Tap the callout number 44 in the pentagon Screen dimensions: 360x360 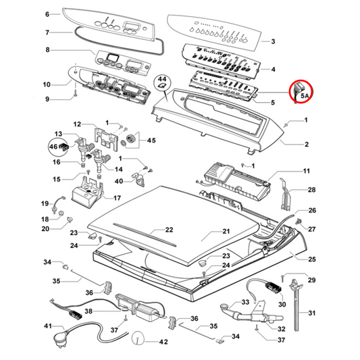click(161, 80)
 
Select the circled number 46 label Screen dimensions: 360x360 click(53, 146)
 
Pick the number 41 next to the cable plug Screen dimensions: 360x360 click(47, 326)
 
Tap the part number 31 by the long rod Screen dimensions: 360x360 click(312, 313)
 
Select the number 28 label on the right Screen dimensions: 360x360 click(312, 190)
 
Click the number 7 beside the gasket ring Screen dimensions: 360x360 click(47, 32)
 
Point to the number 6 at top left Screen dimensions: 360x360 click(47, 14)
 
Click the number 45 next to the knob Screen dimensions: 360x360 click(151, 140)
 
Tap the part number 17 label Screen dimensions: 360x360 click(116, 198)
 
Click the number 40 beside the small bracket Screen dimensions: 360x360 click(119, 181)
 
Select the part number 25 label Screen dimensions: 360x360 click(312, 259)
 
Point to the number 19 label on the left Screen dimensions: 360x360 click(45, 203)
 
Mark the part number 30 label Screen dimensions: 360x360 click(282, 305)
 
